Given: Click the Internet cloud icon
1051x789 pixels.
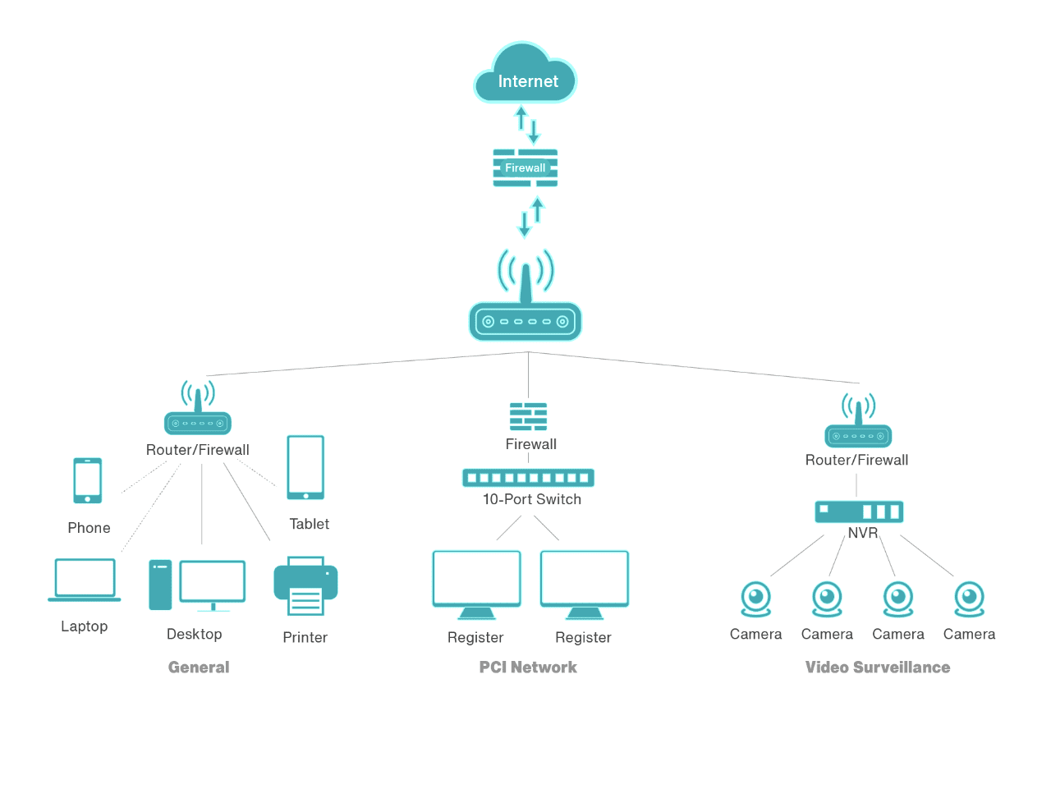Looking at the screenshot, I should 525,75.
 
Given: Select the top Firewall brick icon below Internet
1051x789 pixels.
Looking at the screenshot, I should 525,167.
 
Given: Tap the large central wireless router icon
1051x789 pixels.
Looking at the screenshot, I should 525,316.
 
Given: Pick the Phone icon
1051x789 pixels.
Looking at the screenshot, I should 88,480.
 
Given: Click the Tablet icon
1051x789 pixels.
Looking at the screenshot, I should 305,467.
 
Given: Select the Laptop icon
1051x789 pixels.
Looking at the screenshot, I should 85,580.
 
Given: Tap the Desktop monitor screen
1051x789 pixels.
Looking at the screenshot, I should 213,581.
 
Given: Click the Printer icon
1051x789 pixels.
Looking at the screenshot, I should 305,586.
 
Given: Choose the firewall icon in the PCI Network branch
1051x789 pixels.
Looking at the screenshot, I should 528,416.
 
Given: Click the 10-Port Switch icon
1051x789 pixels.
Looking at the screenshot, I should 528,477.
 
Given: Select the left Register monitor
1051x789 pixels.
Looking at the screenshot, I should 476,584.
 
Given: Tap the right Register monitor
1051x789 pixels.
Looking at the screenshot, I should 585,584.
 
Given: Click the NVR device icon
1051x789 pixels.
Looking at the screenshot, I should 859,511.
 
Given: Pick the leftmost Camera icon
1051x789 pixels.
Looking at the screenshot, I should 756,599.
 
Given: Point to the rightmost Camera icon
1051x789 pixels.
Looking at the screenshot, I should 969,599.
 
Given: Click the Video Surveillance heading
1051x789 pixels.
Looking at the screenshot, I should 877,667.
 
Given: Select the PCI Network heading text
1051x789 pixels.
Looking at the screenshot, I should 528,667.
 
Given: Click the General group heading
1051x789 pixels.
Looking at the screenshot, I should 199,667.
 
